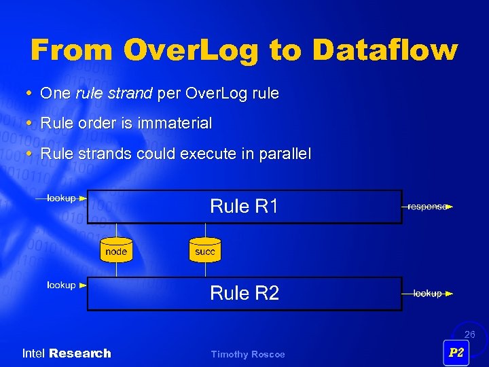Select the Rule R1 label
coord(244,206)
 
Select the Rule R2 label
coord(244,293)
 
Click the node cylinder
coord(116,250)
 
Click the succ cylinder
coord(204,250)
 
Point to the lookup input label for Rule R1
coord(61,198)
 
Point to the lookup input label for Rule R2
coord(61,285)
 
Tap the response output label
coord(426,207)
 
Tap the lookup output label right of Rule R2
coord(427,294)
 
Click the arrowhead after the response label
coord(450,207)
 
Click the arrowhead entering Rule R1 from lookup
coord(83,198)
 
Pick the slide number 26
coord(469,334)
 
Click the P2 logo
coord(456,352)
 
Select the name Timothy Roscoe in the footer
coord(248,354)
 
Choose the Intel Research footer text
coord(67,353)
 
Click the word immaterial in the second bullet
coord(175,124)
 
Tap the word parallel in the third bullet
coord(284,154)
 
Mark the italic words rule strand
coord(113,94)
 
